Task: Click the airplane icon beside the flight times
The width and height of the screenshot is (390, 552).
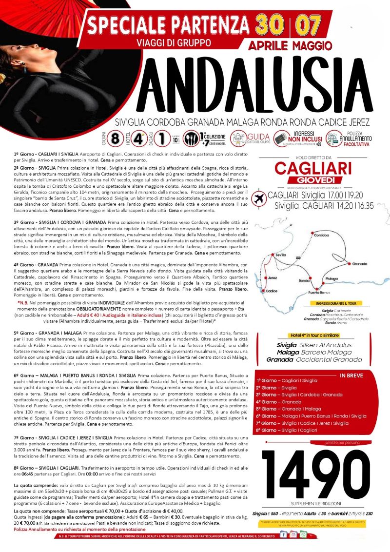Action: click(x=260, y=199)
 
